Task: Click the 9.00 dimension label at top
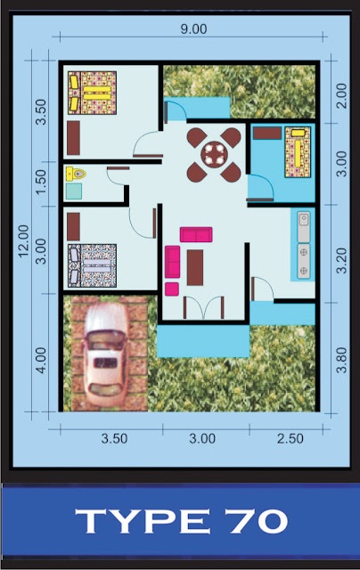point(194,29)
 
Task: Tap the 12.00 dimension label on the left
point(24,241)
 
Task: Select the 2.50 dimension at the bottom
point(290,438)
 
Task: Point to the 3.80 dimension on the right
point(341,360)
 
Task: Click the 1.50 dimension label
point(42,182)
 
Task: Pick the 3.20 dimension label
point(341,260)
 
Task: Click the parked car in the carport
point(105,354)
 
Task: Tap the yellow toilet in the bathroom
point(76,175)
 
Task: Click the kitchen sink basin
point(304,220)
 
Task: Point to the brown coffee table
point(195,267)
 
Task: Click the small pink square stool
point(172,289)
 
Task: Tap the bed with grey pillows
point(93,265)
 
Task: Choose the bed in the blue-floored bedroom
point(298,152)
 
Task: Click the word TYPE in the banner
point(143,521)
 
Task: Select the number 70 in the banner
point(256,521)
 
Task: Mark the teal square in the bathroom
point(74,191)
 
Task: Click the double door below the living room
point(204,308)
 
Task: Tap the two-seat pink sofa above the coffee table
point(196,234)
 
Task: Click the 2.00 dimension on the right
point(341,96)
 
